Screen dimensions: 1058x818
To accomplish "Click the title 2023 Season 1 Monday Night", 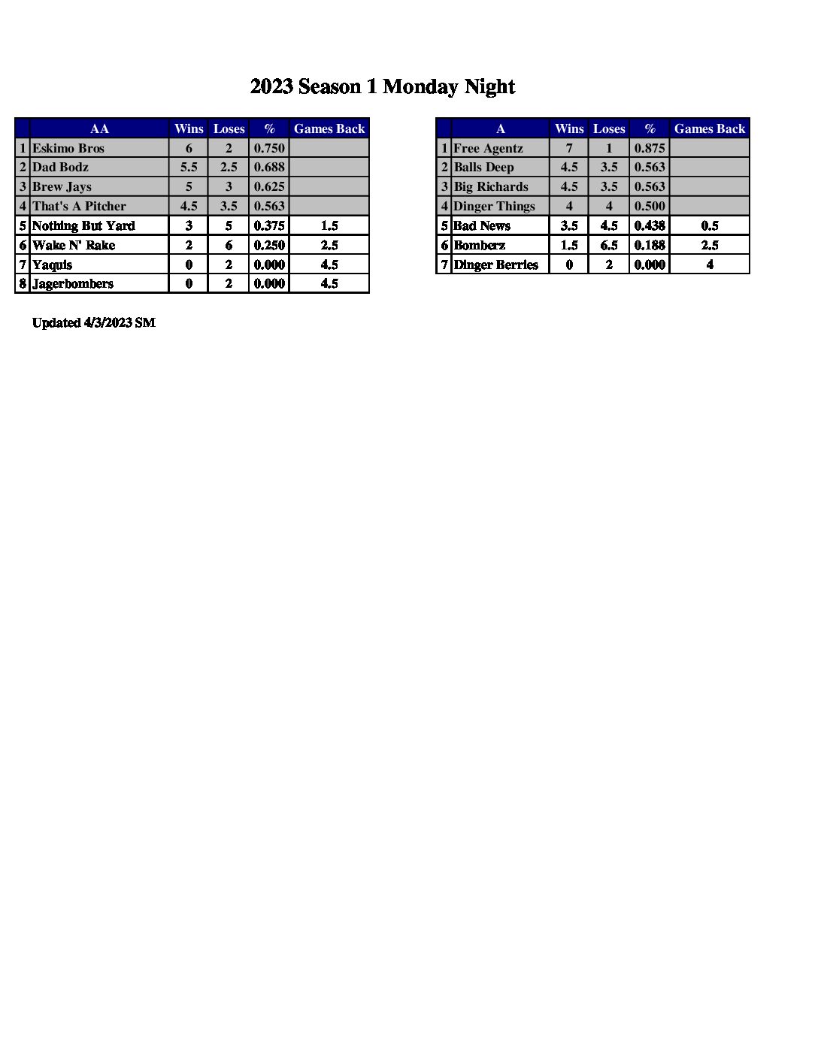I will pos(382,87).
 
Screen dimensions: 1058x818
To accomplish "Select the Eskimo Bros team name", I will pos(68,148).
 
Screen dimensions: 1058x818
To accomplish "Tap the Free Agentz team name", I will pos(488,148).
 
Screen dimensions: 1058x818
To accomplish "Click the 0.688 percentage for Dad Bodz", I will pos(269,167).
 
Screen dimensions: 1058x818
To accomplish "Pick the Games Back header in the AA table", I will pos(329,128).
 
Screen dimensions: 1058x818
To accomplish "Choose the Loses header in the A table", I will pos(609,128).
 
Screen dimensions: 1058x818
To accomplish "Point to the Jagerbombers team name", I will pos(73,283).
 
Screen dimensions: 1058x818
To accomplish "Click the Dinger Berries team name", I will pos(496,264).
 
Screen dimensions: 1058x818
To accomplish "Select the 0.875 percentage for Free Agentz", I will pos(650,148).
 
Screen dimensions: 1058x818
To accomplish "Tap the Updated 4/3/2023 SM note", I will pos(94,322).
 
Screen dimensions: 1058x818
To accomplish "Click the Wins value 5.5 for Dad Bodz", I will pos(189,167).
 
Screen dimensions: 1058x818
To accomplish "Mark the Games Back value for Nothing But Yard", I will pos(329,225).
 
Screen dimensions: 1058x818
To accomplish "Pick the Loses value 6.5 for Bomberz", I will pos(609,245).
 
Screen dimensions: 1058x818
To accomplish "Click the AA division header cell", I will pos(99,128).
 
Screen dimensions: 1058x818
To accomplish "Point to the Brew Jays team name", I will pos(62,186).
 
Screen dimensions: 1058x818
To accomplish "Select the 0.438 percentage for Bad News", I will pos(650,225).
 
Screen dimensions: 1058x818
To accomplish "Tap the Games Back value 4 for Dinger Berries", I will pos(710,264).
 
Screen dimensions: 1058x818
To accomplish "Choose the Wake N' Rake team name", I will pos(74,245).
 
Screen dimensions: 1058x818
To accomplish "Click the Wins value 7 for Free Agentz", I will pos(569,148).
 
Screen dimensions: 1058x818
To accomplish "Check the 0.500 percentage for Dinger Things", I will pos(650,206).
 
